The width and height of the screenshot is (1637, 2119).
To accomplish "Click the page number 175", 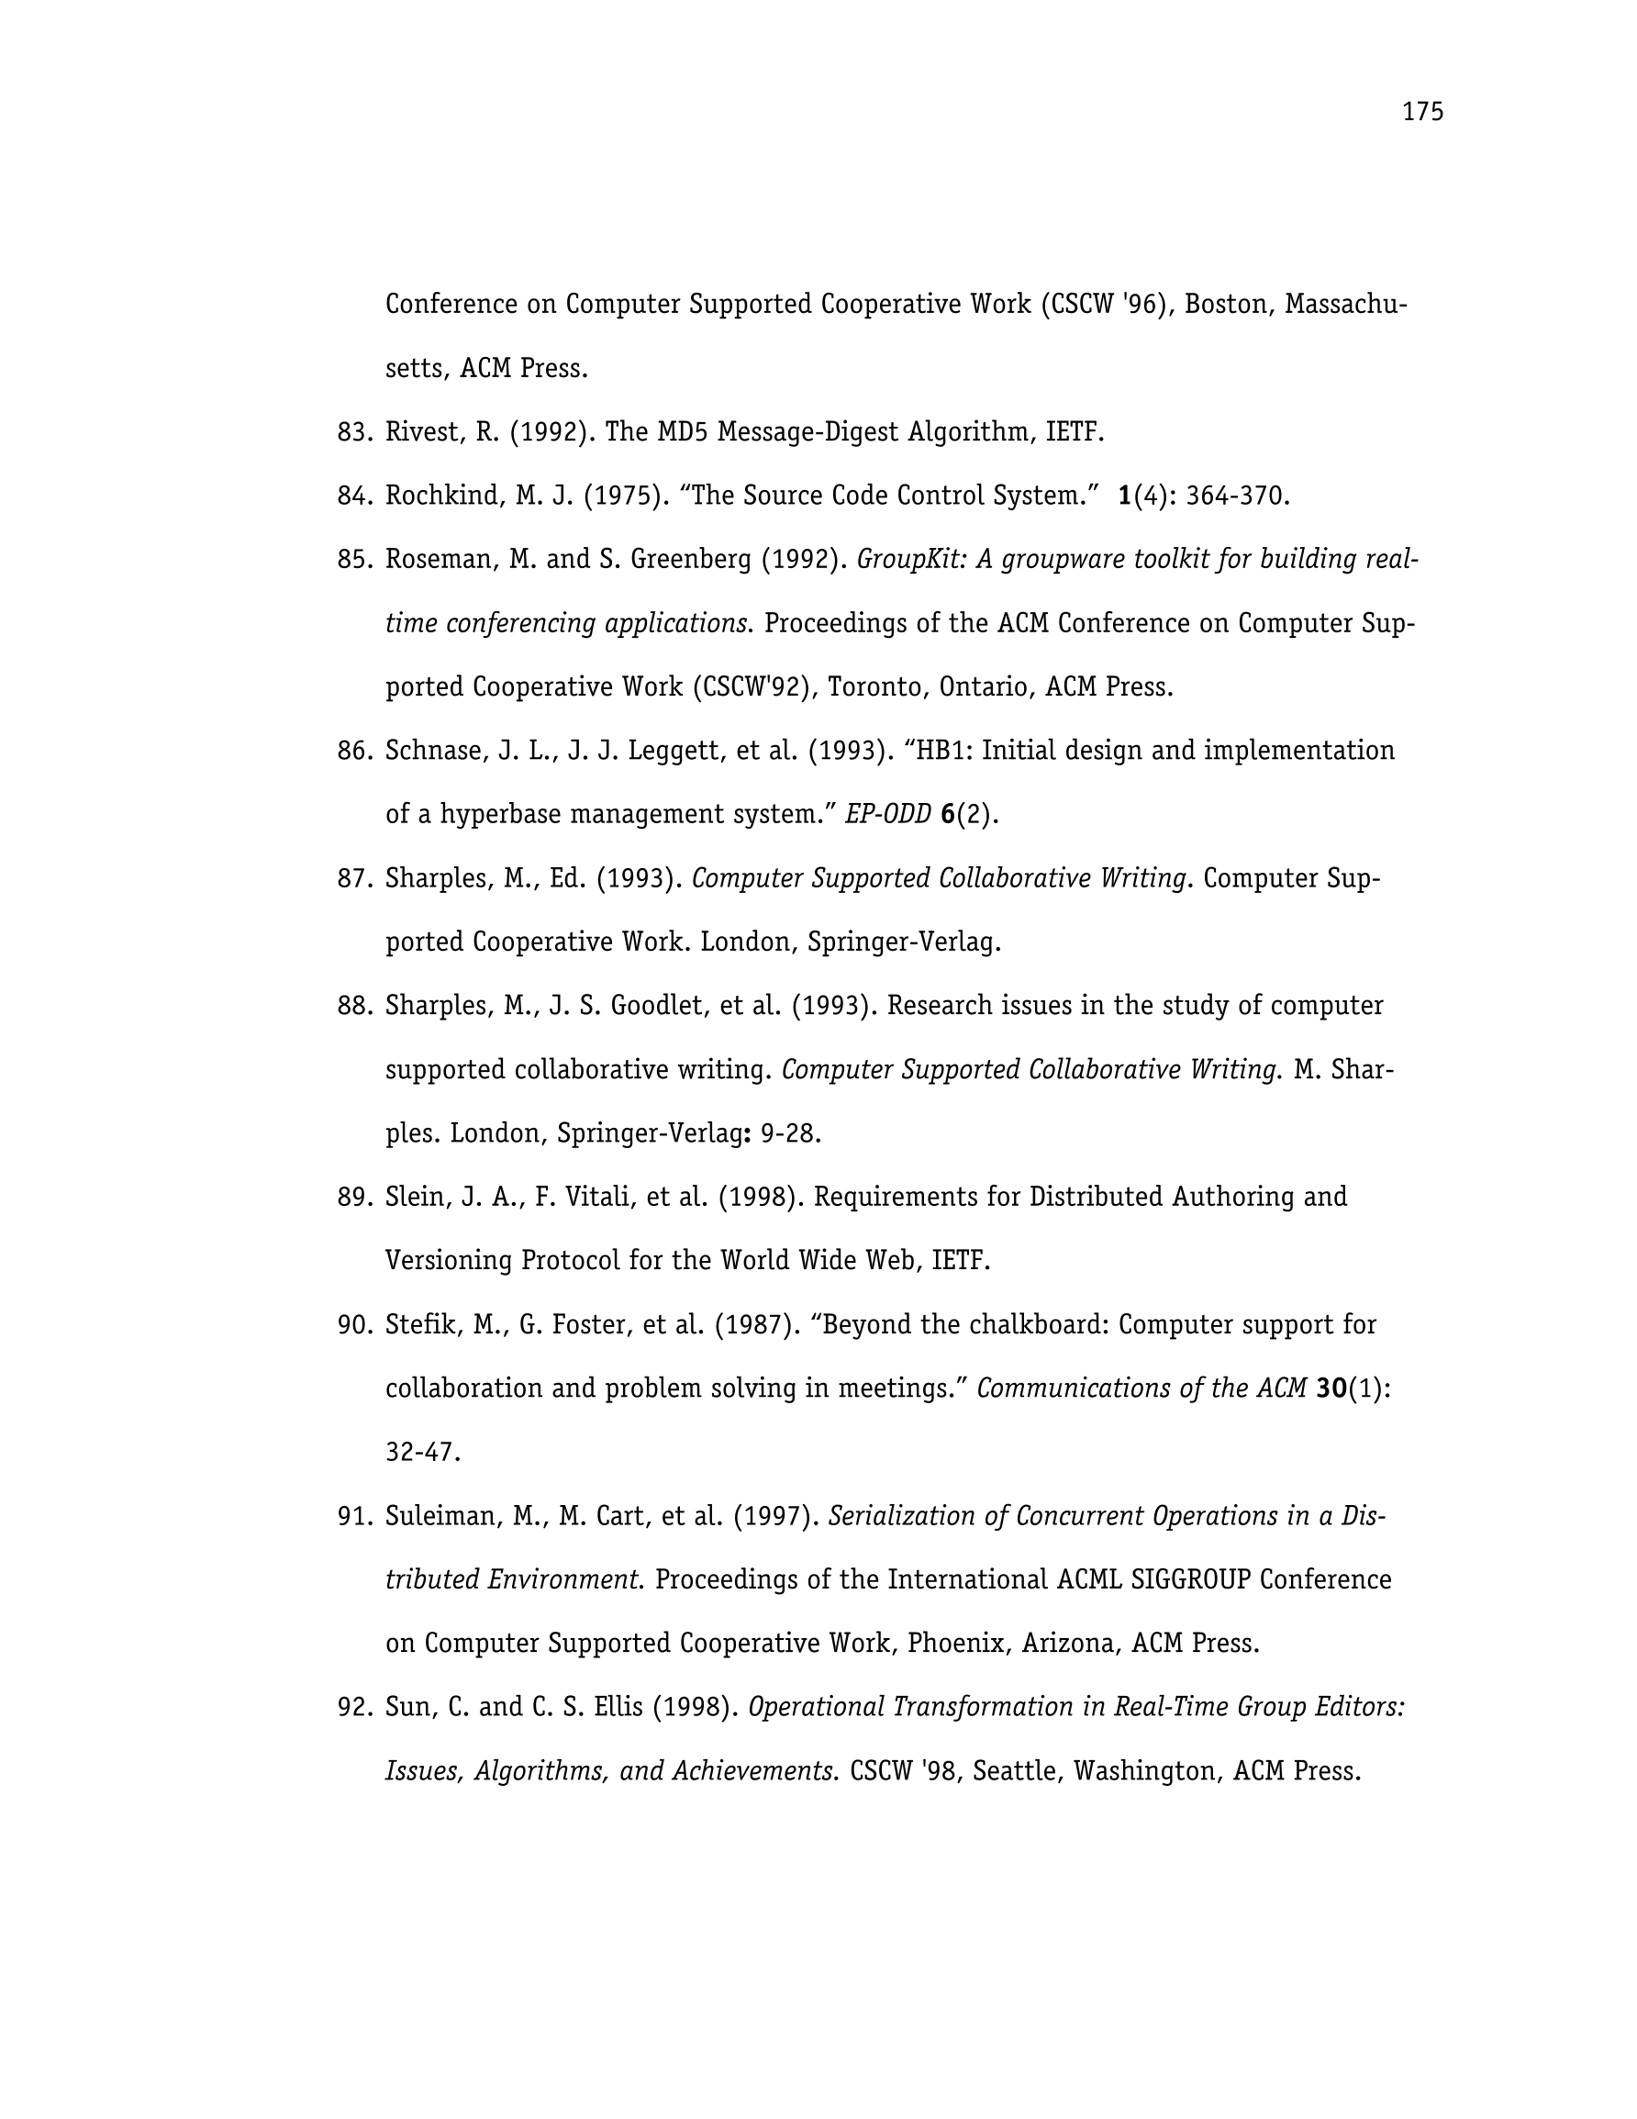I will (x=1422, y=113).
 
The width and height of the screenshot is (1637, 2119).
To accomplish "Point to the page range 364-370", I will (x=1236, y=496).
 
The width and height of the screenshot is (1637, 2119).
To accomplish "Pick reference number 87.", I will (x=354, y=878).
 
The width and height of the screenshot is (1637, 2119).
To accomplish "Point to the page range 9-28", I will (x=789, y=1133).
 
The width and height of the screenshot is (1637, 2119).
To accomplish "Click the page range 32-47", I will (x=421, y=1452).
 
